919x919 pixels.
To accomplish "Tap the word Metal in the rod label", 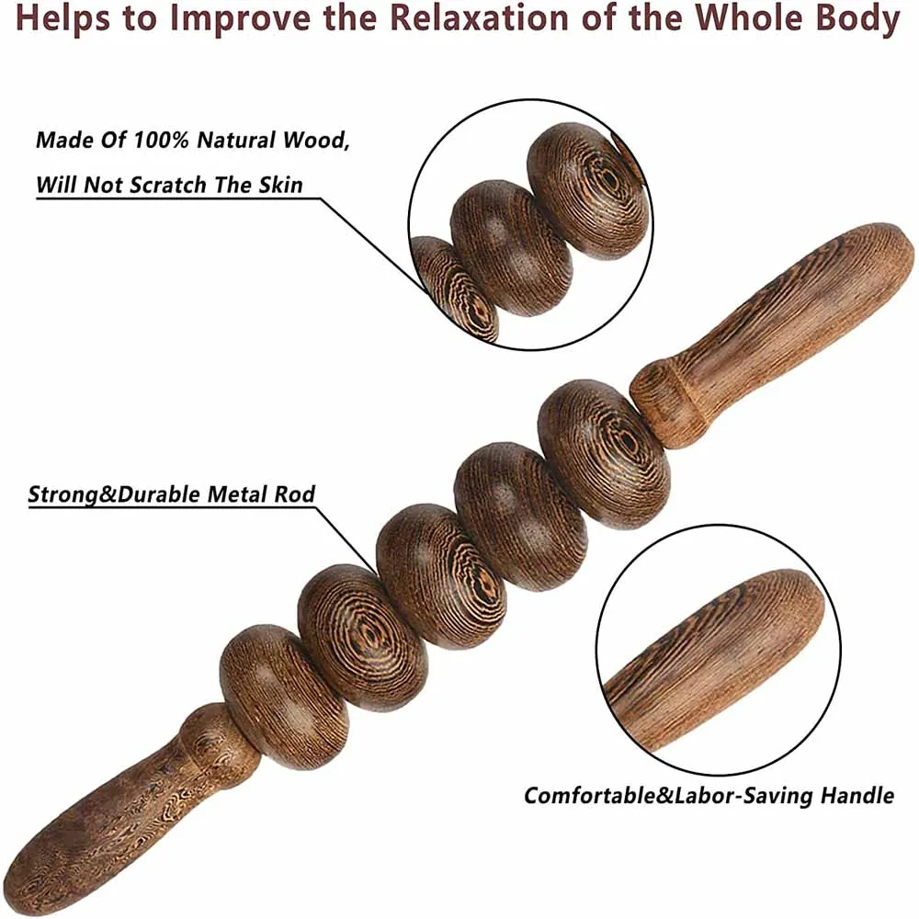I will [233, 494].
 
